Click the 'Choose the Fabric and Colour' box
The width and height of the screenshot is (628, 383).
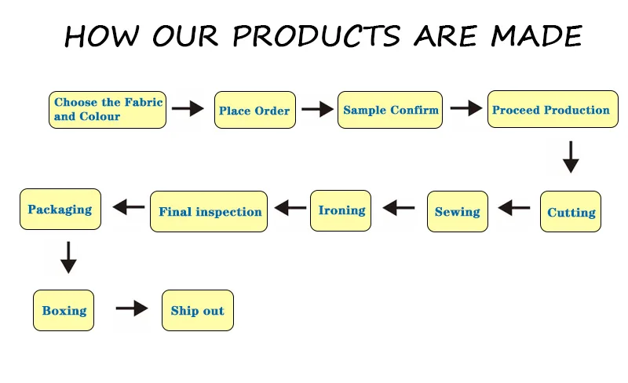(x=108, y=110)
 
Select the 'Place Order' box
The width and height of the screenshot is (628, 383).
(x=254, y=111)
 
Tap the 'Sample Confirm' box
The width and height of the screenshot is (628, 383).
(x=390, y=110)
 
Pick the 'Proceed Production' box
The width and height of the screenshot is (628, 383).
(x=551, y=110)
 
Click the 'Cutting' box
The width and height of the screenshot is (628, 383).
(x=571, y=212)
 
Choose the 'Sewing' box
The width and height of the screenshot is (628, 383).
(x=458, y=211)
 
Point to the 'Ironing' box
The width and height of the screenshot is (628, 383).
(x=341, y=210)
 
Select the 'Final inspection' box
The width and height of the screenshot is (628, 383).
(x=209, y=211)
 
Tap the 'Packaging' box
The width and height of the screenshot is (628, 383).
(x=60, y=209)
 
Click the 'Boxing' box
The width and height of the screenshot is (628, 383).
(x=64, y=310)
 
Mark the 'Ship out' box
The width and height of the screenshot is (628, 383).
(x=197, y=310)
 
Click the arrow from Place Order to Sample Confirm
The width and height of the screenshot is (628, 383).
(x=317, y=110)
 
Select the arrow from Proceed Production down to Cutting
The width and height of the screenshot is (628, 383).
(x=571, y=157)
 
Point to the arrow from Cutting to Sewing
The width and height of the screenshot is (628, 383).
(x=514, y=208)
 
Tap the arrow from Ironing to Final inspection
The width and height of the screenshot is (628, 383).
(x=290, y=208)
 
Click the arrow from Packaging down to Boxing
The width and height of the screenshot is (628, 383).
(x=68, y=257)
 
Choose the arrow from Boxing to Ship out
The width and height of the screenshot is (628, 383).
(x=131, y=308)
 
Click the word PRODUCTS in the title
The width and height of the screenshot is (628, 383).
(x=318, y=35)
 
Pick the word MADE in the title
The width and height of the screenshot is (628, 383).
(x=537, y=35)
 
